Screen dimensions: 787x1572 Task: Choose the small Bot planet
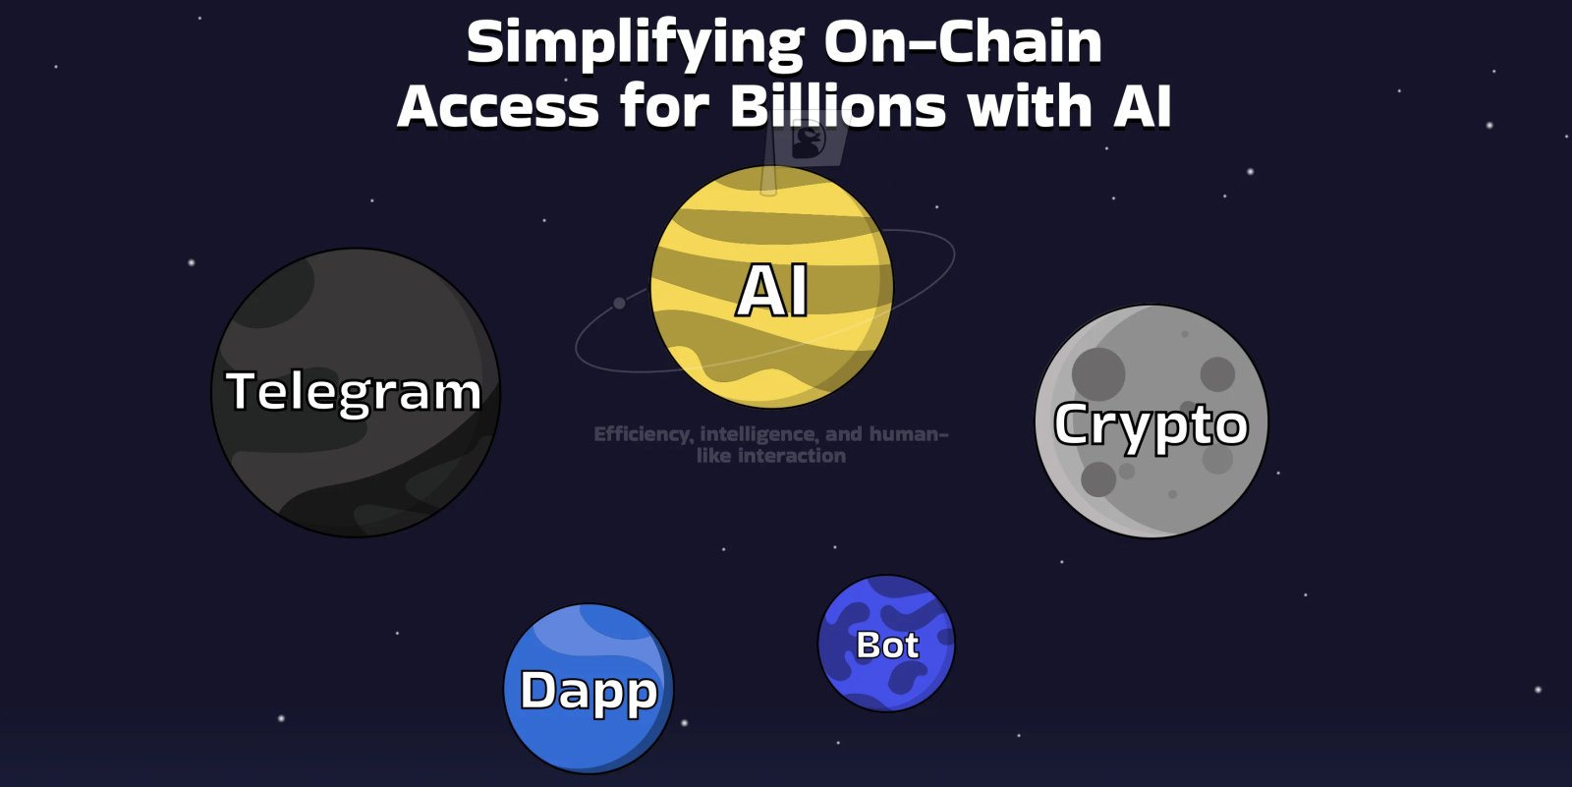coord(886,678)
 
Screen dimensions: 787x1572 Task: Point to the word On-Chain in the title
coord(963,44)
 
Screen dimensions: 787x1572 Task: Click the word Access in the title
coord(498,106)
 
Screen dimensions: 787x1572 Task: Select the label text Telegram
coord(354,391)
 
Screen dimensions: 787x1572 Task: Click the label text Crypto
coord(1151,424)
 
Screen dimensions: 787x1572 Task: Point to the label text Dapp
coord(588,691)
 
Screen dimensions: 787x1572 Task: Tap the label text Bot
coord(887,646)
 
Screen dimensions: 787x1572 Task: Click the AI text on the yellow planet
coord(772,291)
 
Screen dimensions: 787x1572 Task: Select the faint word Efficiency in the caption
coord(641,434)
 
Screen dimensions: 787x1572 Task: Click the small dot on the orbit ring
coord(619,303)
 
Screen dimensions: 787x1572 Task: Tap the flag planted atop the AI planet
coord(809,142)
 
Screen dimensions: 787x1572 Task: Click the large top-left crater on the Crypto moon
coord(1098,373)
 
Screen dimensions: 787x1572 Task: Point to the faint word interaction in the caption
coord(791,456)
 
